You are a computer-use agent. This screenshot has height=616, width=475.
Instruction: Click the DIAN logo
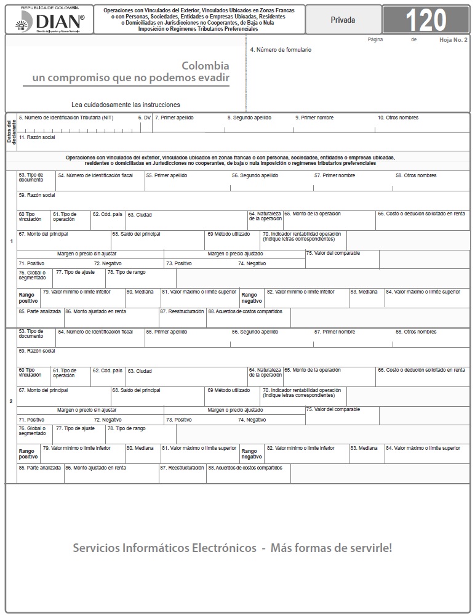click(49, 20)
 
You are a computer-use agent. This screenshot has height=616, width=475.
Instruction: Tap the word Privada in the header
click(343, 20)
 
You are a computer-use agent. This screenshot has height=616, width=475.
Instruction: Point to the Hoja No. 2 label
click(453, 39)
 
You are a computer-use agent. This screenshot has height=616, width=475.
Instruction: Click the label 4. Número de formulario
click(281, 50)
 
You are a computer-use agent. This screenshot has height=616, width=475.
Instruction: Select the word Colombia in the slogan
click(206, 66)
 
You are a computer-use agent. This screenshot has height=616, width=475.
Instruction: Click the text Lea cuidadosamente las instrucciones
click(126, 105)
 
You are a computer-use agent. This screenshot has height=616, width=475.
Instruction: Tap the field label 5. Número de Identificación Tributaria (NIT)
click(66, 118)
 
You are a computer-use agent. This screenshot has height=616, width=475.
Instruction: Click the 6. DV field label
click(145, 118)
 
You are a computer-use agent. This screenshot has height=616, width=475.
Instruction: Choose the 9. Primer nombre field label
click(314, 118)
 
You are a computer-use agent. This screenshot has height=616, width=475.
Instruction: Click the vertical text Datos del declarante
click(11, 132)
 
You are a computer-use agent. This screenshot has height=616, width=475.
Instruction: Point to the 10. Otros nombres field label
click(398, 118)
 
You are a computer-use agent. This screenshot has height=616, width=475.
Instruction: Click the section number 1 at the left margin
click(11, 241)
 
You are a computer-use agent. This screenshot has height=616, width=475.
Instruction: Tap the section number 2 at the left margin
click(11, 401)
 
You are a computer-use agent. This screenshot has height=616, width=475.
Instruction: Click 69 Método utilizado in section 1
click(228, 234)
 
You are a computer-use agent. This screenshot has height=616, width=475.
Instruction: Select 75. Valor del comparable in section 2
click(333, 409)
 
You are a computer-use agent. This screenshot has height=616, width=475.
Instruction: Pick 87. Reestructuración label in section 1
click(182, 311)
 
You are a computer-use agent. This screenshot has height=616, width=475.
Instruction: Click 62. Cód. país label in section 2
click(108, 370)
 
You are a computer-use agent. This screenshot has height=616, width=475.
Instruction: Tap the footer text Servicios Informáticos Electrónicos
click(164, 548)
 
